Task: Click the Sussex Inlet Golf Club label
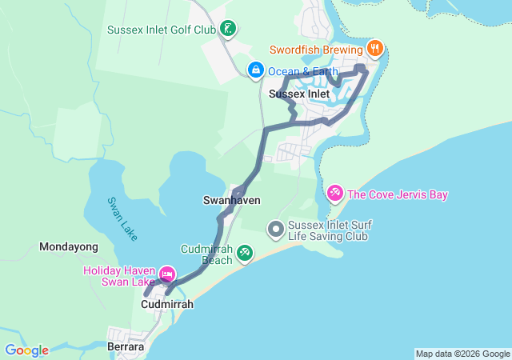pyautogui.click(x=162, y=30)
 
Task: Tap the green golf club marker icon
pyautogui.click(x=228, y=30)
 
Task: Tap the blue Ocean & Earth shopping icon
pyautogui.click(x=255, y=70)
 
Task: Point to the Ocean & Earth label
pyautogui.click(x=303, y=71)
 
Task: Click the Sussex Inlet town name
pyautogui.click(x=299, y=94)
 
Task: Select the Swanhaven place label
pyautogui.click(x=232, y=201)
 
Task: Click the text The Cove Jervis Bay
pyautogui.click(x=398, y=194)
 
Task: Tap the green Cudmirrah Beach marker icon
pyautogui.click(x=245, y=254)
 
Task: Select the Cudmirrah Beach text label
pyautogui.click(x=206, y=254)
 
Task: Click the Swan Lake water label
pyautogui.click(x=123, y=216)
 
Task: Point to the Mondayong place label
pyautogui.click(x=68, y=247)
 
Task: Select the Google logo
pyautogui.click(x=26, y=350)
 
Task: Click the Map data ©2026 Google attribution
pyautogui.click(x=462, y=354)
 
